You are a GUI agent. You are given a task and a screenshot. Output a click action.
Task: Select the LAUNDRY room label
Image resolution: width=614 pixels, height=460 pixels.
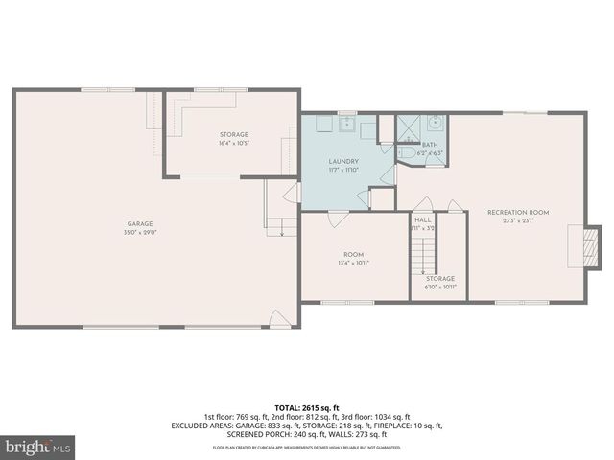pos(342,161)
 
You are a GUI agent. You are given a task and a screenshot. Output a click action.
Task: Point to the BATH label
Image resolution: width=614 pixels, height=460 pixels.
pos(429,145)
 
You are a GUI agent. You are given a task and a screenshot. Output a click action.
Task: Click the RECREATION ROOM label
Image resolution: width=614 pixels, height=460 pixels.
pos(518,211)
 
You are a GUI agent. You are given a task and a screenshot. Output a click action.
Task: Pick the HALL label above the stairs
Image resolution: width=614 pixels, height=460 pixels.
pos(423,219)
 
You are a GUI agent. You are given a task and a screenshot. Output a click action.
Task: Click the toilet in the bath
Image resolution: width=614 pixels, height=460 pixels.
pos(407,150)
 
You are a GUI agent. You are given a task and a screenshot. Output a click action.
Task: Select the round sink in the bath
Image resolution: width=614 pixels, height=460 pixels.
pos(435,123)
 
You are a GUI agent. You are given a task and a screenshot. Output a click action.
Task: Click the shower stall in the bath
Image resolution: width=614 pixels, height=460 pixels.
pos(409,126)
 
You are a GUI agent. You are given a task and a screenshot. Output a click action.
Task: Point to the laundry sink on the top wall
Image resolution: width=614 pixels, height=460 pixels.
pos(344,124)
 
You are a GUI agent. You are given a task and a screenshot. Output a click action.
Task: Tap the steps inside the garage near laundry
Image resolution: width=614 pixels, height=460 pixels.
pos(280,226)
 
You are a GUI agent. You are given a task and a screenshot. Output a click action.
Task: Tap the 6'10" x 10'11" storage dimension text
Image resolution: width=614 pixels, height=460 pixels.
pos(440,287)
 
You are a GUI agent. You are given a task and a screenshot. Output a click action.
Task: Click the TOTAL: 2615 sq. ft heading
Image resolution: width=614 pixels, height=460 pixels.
pos(307,406)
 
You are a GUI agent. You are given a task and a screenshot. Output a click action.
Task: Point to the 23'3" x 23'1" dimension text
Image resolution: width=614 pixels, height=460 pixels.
pos(518,219)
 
